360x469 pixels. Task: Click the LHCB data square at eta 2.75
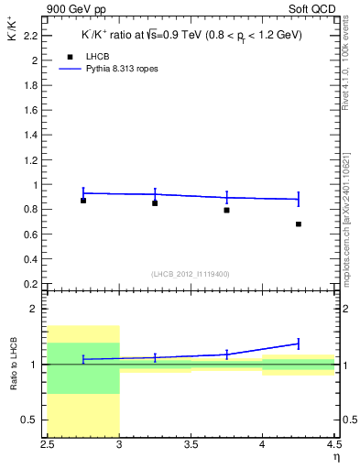[x=83, y=200]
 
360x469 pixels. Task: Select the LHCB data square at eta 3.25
[x=155, y=202]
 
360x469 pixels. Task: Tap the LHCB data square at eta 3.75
[x=226, y=210]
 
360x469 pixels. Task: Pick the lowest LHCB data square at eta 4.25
[x=299, y=224]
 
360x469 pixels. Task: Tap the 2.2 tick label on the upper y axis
[x=31, y=36]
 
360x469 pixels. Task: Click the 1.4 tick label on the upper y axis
[x=31, y=135]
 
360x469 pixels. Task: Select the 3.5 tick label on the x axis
[x=191, y=446]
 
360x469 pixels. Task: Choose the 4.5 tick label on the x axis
[x=333, y=446]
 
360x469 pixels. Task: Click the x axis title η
[x=335, y=458]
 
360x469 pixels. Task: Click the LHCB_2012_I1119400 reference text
[x=191, y=274]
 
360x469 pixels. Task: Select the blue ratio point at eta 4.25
[x=299, y=344]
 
